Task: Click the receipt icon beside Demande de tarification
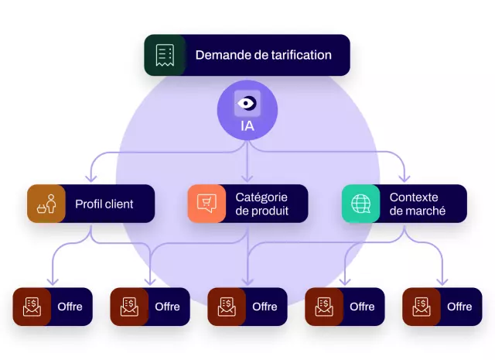pos(165,55)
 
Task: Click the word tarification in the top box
pos(293,55)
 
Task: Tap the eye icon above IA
pos(247,103)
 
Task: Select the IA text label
pos(247,124)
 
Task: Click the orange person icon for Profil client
pos(46,204)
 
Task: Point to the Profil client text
pos(104,204)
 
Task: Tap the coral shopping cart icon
pos(207,204)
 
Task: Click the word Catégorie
pos(261,197)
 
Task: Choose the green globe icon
pos(361,204)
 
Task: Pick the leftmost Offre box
pos(53,307)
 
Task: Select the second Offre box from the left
pos(150,307)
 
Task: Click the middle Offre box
pos(247,307)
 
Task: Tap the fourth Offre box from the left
pos(345,307)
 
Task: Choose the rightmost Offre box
pos(442,307)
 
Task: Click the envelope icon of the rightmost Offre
pos(422,307)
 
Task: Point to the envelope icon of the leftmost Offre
pos(32,307)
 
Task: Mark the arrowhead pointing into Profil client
pos(91,179)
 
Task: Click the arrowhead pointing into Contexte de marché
pos(404,179)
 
